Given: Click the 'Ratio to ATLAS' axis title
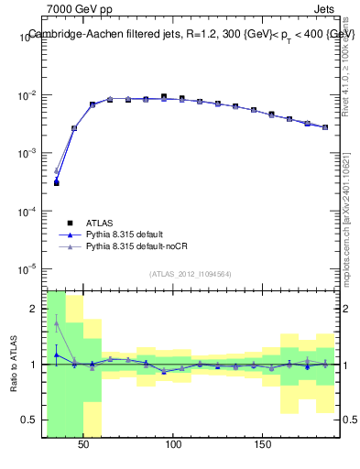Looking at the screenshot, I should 14,365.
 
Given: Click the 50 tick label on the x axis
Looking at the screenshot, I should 83,444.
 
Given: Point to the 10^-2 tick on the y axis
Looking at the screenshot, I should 28,95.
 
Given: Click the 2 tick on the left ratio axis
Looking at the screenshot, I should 35,309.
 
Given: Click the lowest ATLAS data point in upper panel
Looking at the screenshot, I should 56,183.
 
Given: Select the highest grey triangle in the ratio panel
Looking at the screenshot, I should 56,322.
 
